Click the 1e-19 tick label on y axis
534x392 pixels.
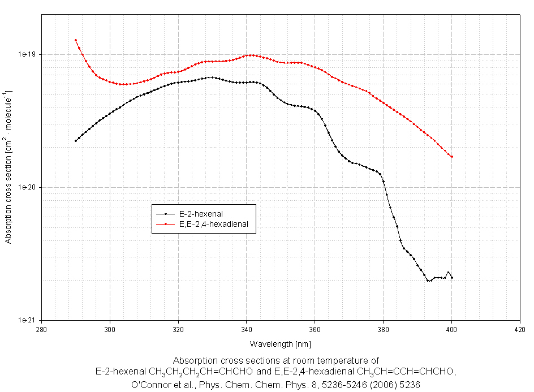pos(27,54)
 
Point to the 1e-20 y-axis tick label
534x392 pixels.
pos(27,187)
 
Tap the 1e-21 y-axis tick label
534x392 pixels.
pos(27,320)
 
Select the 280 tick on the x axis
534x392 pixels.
pos(41,329)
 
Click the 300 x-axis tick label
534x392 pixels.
pos(110,329)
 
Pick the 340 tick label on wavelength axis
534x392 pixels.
pos(247,329)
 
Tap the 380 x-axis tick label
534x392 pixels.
pos(384,329)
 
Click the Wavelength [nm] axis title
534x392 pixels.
pos(281,344)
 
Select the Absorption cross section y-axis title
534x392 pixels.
pos(8,166)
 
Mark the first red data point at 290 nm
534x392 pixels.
pos(76,40)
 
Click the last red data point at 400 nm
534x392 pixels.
pos(452,157)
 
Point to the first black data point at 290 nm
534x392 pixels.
pos(76,141)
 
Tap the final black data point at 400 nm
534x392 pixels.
pos(452,278)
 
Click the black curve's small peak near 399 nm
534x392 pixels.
pos(449,272)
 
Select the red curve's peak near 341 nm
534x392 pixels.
pos(250,55)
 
